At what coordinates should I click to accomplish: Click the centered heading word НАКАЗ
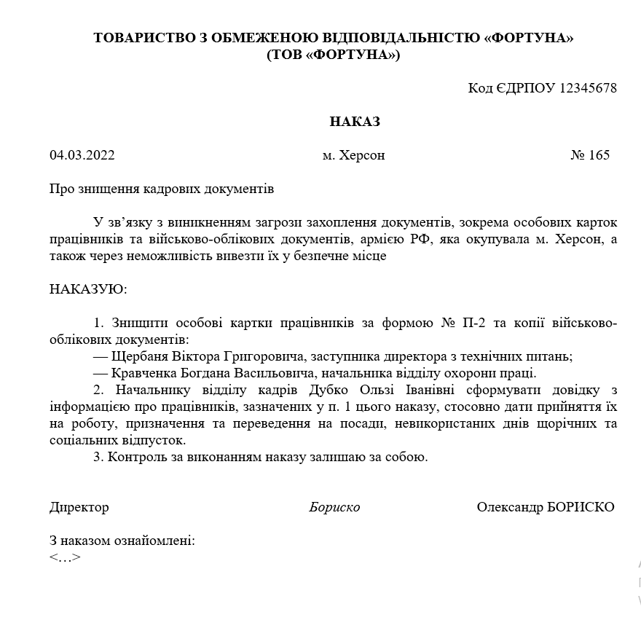click(355, 122)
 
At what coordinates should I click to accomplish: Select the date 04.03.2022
click(82, 155)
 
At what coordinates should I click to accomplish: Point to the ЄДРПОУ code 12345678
click(588, 88)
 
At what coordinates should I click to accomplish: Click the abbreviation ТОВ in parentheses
click(288, 55)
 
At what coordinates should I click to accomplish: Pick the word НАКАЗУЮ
click(87, 289)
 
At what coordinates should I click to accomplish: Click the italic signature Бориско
click(334, 507)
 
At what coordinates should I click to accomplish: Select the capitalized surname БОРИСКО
click(580, 507)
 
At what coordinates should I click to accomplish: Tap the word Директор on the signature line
click(79, 507)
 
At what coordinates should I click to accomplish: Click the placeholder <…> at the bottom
click(65, 558)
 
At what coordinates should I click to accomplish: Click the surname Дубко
click(326, 391)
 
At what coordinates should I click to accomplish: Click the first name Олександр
click(509, 507)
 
